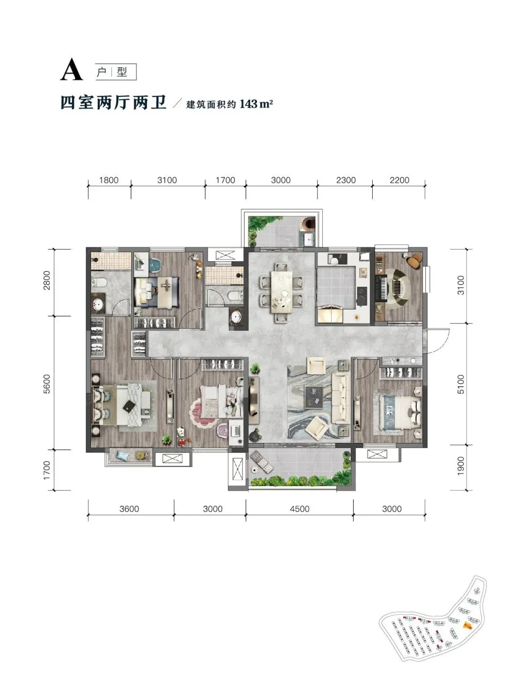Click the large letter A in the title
[x=71, y=69]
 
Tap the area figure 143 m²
[x=256, y=103]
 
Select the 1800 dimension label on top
[x=109, y=180]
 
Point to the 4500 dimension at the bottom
[x=300, y=509]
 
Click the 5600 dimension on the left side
[x=46, y=383]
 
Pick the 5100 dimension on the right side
[x=460, y=384]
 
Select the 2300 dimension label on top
[x=346, y=180]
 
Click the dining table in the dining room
[x=281, y=292]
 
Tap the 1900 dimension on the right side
[x=460, y=466]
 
